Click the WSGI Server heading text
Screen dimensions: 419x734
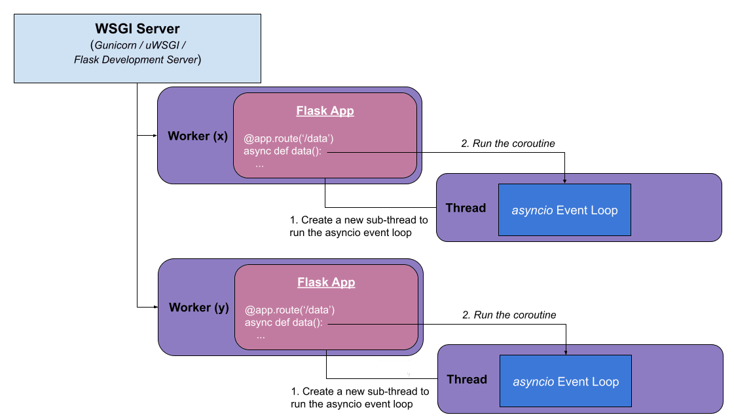pyautogui.click(x=138, y=29)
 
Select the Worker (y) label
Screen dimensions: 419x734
pyautogui.click(x=198, y=307)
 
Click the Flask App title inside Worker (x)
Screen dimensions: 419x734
pyautogui.click(x=325, y=111)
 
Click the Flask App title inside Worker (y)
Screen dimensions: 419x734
pyautogui.click(x=326, y=283)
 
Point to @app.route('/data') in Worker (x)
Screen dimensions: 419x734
pyautogui.click(x=289, y=138)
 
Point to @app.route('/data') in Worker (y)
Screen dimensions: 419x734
pyautogui.click(x=290, y=309)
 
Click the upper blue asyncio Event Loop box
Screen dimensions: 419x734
pyautogui.click(x=564, y=210)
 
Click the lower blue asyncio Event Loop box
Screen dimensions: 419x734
pyautogui.click(x=566, y=381)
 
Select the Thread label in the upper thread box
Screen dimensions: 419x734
pyautogui.click(x=466, y=208)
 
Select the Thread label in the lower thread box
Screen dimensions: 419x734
pyautogui.click(x=467, y=379)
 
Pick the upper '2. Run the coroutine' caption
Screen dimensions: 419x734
pyautogui.click(x=508, y=144)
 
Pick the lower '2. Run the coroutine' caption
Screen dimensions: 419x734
pyautogui.click(x=509, y=315)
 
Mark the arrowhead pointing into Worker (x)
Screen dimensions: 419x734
pyautogui.click(x=155, y=136)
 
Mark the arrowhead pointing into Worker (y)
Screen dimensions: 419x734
pyautogui.click(x=155, y=307)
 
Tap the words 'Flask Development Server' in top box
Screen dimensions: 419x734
pyautogui.click(x=136, y=60)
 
